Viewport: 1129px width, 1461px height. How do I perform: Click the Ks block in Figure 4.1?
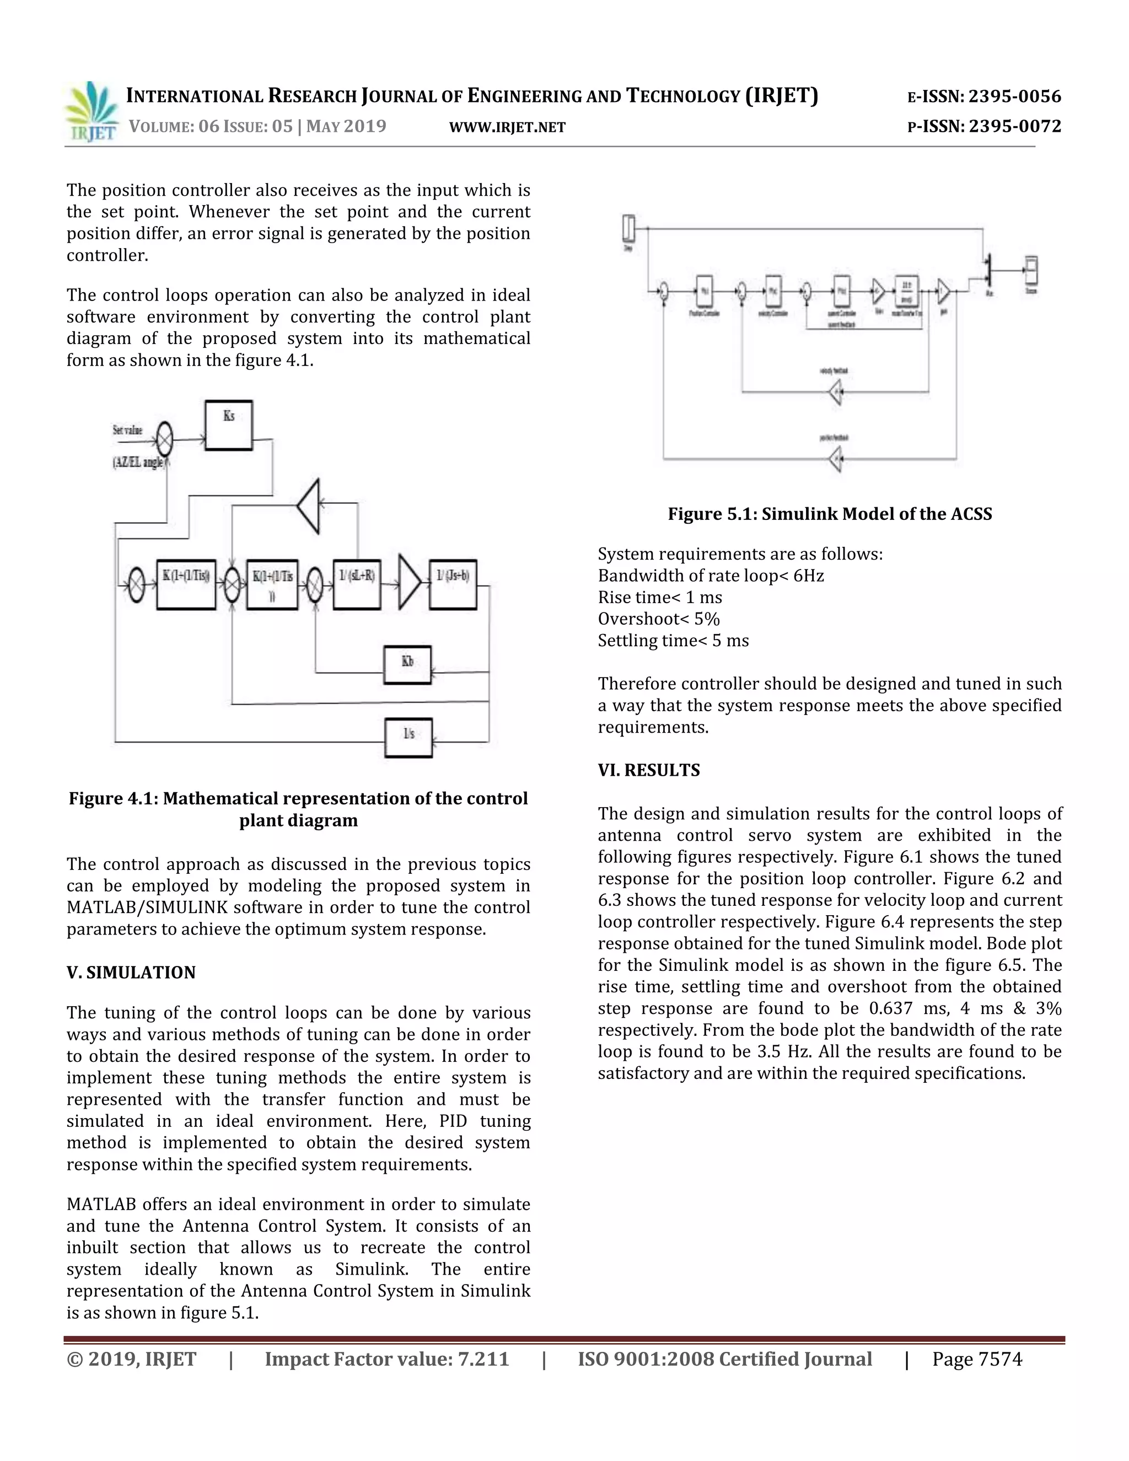click(229, 426)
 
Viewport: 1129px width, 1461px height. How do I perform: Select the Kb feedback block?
click(407, 664)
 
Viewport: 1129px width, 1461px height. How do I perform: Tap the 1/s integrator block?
click(408, 737)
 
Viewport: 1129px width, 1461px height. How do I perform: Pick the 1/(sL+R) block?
click(357, 584)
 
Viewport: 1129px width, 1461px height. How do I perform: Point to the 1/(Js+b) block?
click(453, 584)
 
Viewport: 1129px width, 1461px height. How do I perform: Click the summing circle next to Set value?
click(164, 439)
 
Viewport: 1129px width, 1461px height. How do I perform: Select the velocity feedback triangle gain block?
click(835, 392)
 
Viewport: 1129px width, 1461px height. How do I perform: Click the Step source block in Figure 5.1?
click(628, 228)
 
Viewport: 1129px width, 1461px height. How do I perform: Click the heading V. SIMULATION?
click(131, 973)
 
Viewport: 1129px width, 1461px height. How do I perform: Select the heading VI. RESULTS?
click(649, 770)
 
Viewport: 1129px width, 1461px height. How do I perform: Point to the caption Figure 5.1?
click(829, 514)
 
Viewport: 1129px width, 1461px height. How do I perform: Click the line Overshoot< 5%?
click(658, 619)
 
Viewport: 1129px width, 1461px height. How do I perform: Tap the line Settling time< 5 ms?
click(673, 641)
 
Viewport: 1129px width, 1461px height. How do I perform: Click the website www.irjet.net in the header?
click(507, 127)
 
